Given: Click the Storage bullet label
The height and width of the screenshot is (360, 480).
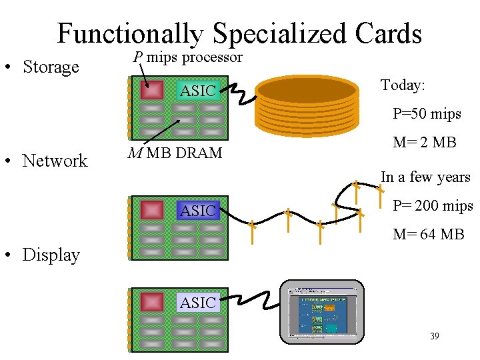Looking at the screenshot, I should [50, 67].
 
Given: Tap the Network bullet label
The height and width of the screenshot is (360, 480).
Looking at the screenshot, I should [55, 161].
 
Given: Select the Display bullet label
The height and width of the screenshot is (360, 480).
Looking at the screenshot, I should [51, 255].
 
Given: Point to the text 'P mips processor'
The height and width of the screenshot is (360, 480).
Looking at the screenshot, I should [187, 57].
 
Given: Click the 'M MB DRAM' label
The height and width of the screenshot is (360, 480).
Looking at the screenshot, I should [175, 153].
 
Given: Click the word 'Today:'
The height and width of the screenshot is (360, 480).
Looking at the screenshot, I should [403, 85].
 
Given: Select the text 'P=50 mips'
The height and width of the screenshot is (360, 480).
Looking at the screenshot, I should [427, 114].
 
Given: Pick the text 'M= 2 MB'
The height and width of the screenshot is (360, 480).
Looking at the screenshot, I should [425, 142].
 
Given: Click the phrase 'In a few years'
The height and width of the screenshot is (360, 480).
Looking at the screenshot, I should [425, 177].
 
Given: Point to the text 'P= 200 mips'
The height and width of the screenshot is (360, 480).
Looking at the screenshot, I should [433, 205].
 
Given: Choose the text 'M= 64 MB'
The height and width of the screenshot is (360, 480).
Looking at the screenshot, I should [429, 234].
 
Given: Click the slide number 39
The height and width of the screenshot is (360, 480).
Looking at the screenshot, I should [435, 337].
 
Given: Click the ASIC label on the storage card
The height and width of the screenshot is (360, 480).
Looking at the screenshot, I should [197, 91].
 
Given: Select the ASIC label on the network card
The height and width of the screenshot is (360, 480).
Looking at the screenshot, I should [197, 211].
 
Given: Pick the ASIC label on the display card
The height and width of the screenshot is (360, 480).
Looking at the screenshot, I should [197, 303].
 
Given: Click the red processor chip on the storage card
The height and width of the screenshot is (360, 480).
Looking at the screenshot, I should [153, 90].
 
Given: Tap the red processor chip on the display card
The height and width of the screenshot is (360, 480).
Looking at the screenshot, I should [153, 302].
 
